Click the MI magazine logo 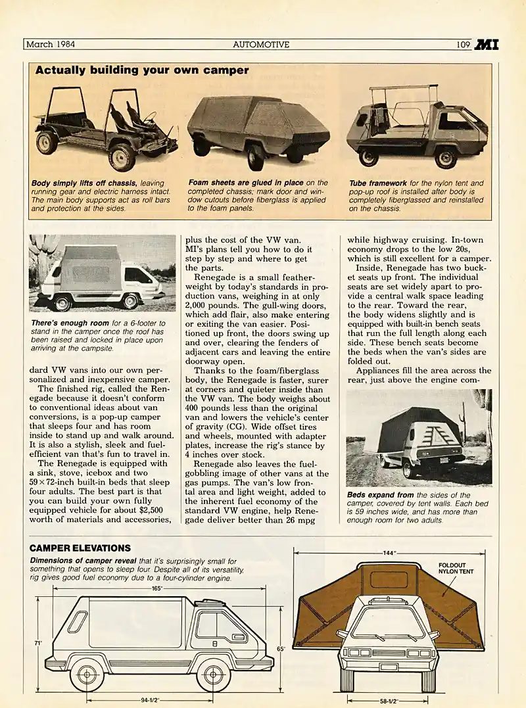(486, 45)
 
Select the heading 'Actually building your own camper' (141, 70)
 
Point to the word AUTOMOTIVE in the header (261, 45)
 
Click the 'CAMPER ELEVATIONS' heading (80, 548)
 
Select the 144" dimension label (389, 553)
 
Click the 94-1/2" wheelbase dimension (150, 699)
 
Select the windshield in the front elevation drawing (388, 623)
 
